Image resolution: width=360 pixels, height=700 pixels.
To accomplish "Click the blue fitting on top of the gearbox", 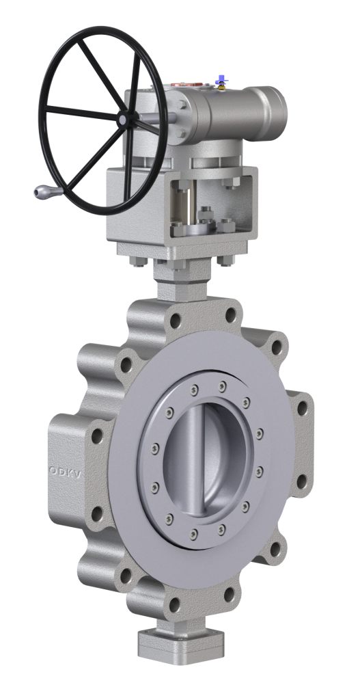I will coord(221,81).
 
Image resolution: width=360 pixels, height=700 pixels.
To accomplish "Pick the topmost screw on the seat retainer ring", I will coord(223,387).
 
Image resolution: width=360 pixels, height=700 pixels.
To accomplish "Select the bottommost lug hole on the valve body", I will coord(176,604).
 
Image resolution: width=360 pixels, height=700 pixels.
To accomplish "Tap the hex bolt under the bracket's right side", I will coord(220,260).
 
